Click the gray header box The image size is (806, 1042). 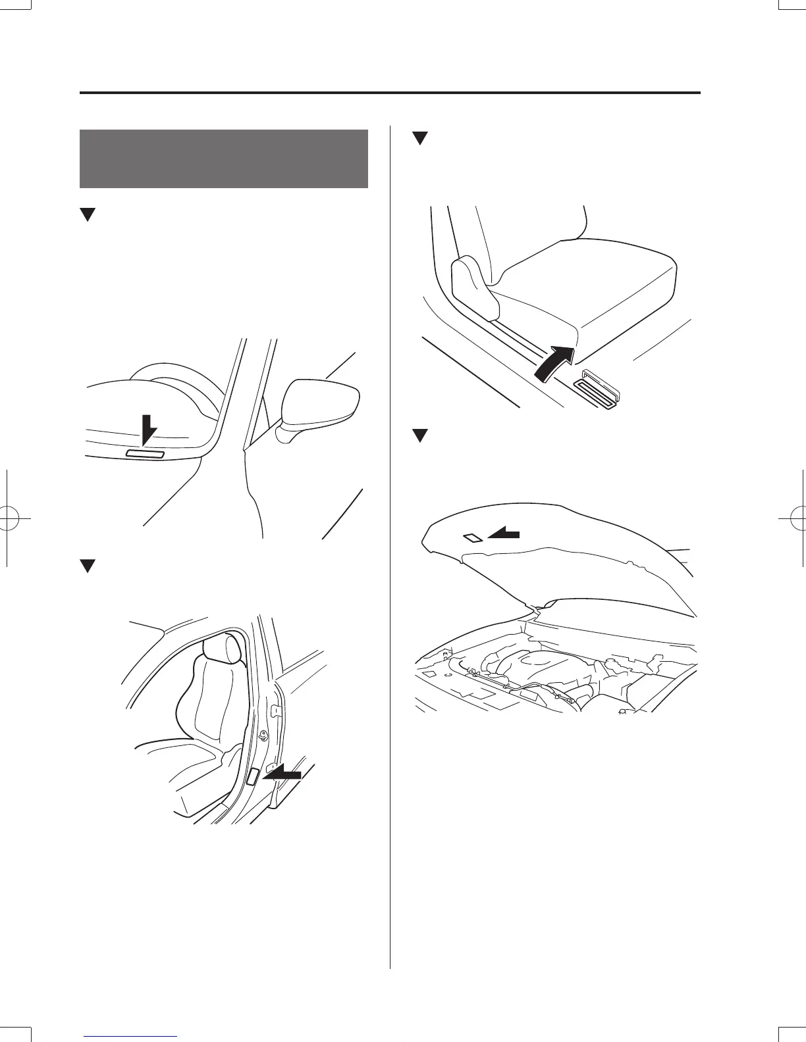[223, 159]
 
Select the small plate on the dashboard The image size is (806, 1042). [145, 454]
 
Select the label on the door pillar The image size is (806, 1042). [252, 776]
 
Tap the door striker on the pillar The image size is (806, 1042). [263, 736]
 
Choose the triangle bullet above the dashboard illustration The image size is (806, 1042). [88, 214]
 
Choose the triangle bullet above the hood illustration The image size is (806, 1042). [420, 435]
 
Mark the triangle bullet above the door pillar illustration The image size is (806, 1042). [88, 566]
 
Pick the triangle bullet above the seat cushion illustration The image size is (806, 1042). [420, 139]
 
